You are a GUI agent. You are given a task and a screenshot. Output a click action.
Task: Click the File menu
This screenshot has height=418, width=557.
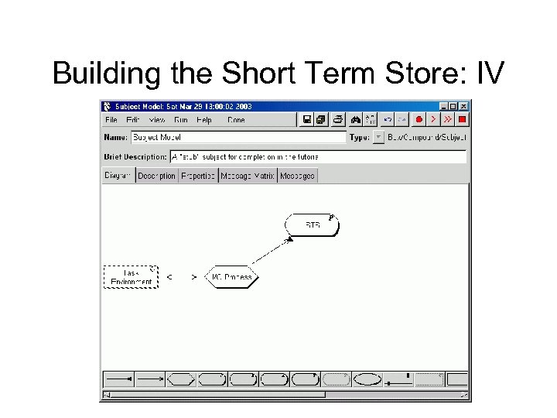point(111,120)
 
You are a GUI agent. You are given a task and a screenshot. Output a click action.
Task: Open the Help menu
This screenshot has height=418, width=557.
point(204,120)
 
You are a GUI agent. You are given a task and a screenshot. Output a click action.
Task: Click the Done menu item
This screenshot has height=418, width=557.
point(236,120)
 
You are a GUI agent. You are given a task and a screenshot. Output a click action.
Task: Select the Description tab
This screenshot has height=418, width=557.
point(156,176)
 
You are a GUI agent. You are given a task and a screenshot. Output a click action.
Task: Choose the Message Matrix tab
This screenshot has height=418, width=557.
point(248,176)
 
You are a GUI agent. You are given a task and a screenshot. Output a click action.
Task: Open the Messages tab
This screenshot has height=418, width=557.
point(298,176)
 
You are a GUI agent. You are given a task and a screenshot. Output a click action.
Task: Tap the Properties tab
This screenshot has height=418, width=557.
point(198,176)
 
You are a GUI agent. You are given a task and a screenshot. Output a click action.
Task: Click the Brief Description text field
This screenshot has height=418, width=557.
point(317,156)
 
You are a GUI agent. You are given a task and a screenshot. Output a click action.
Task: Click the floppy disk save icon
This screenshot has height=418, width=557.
point(307,119)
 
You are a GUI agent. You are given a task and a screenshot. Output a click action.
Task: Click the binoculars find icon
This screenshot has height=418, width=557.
point(355,119)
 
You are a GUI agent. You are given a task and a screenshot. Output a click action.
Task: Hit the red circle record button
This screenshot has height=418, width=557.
point(419,119)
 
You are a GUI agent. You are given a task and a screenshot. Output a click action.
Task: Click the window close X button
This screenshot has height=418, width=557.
point(463,106)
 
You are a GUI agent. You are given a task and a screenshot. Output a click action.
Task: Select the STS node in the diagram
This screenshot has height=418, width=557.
point(313,224)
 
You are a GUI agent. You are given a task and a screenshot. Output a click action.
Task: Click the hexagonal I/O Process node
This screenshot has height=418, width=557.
point(232,276)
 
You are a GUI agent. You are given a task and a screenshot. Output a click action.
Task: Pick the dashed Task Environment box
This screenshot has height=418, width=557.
point(131,276)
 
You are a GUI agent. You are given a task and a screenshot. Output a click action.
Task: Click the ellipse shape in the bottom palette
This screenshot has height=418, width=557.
point(367,379)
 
